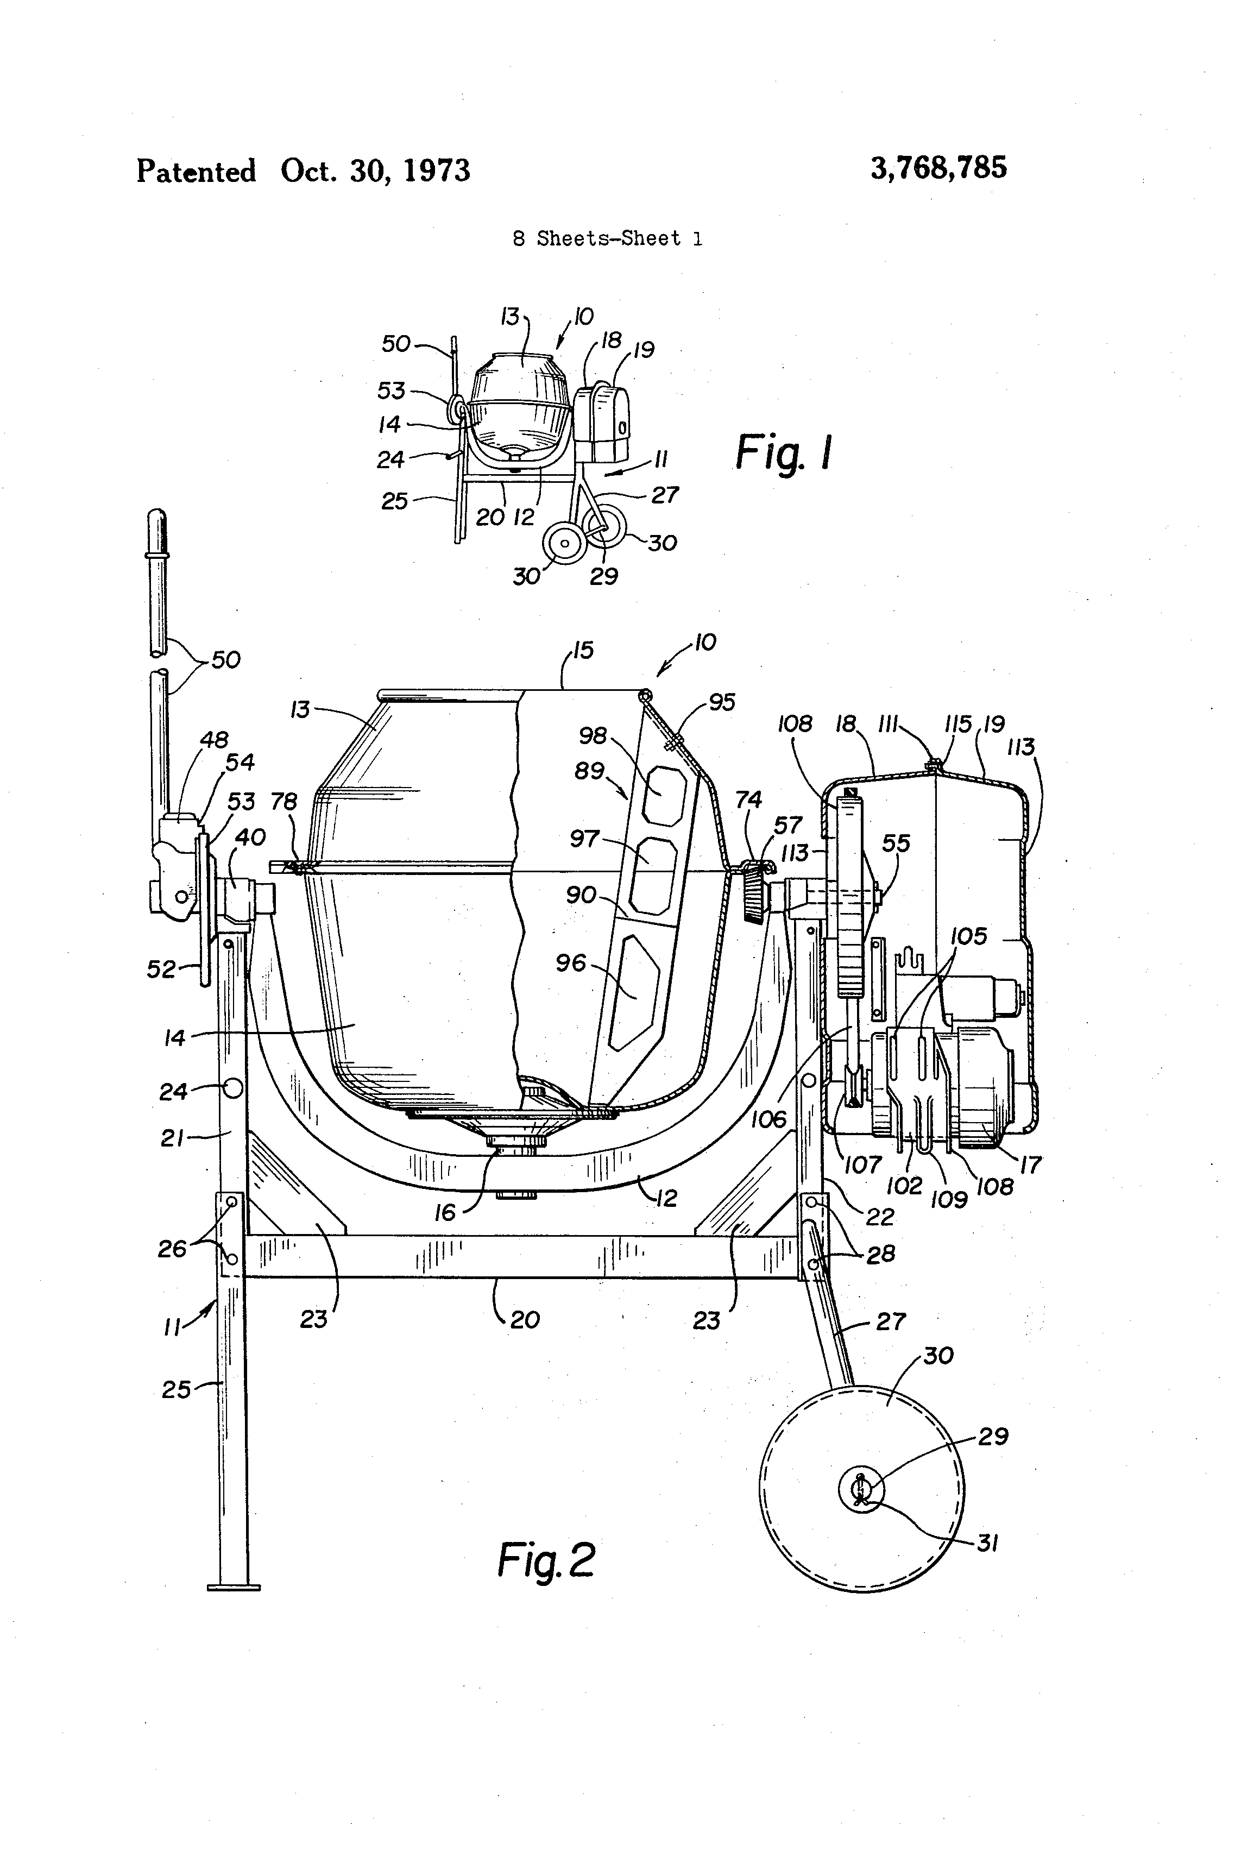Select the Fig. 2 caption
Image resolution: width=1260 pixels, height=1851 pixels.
pos(546,1560)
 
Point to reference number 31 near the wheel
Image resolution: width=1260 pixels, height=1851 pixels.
pos(987,1544)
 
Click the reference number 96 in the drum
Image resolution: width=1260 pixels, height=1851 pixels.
pos(570,964)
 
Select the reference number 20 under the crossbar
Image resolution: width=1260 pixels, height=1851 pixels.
pos(525,1320)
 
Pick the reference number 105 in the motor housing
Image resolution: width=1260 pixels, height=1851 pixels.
pos(968,936)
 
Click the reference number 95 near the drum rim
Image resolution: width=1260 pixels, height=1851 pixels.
pos(722,702)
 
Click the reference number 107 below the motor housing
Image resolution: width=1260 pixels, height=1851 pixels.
pos(862,1165)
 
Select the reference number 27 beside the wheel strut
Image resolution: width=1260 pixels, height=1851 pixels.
pos(891,1322)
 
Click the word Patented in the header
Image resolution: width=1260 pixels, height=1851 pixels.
pos(196,171)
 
